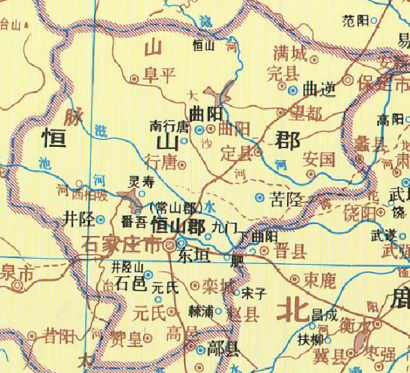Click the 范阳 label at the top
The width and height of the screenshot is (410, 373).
(x=355, y=20)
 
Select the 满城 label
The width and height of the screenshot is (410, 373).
(x=287, y=53)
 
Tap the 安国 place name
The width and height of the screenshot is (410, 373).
(x=319, y=159)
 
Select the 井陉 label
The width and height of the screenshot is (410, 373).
(x=79, y=218)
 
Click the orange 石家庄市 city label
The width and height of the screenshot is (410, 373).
(x=121, y=247)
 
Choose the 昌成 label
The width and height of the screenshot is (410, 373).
(x=324, y=314)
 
